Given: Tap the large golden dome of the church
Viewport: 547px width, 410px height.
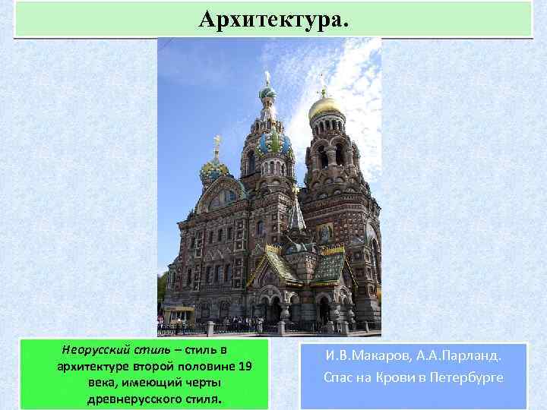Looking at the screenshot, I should point(326,107).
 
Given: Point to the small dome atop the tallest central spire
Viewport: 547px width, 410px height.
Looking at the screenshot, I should point(267,93).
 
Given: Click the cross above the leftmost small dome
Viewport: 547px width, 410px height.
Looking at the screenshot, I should point(217,141).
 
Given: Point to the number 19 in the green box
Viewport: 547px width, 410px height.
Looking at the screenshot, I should point(244,367).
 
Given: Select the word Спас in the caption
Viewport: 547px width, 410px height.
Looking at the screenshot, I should point(339,377).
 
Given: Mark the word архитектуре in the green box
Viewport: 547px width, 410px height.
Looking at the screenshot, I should point(93,367).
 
